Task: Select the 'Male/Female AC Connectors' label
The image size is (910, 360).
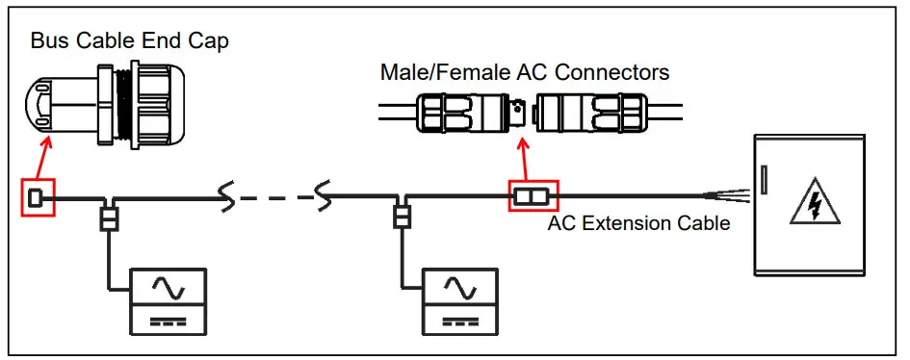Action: pyautogui.click(x=525, y=72)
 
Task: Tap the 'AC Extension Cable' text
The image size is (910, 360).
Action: pyautogui.click(x=638, y=223)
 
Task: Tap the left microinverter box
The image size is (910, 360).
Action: pyautogui.click(x=169, y=301)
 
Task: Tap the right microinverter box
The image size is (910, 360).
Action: pyautogui.click(x=460, y=301)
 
